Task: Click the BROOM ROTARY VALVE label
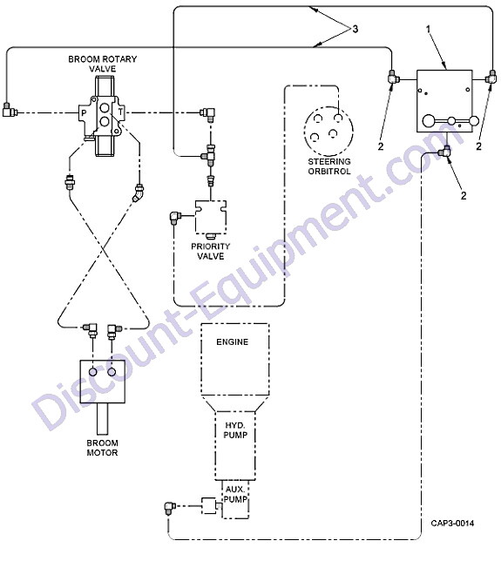click(x=102, y=64)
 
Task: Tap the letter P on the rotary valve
click(x=84, y=113)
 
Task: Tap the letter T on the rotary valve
click(x=120, y=112)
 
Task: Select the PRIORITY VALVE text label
click(x=211, y=251)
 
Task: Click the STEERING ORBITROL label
click(x=329, y=166)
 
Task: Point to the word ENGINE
click(x=233, y=342)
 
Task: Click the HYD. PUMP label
click(x=235, y=430)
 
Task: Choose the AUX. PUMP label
click(x=235, y=494)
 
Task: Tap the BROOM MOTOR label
click(x=102, y=448)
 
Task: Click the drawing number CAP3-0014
click(x=452, y=523)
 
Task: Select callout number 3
click(x=355, y=29)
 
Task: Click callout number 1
click(x=428, y=29)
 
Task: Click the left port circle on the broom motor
click(x=92, y=372)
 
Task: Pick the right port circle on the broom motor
click(x=112, y=372)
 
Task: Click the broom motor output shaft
click(x=102, y=419)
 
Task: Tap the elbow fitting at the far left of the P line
click(x=10, y=110)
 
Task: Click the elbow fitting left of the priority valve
click(x=175, y=217)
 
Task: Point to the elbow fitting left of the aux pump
click(x=169, y=507)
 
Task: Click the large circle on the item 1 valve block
click(x=430, y=121)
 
